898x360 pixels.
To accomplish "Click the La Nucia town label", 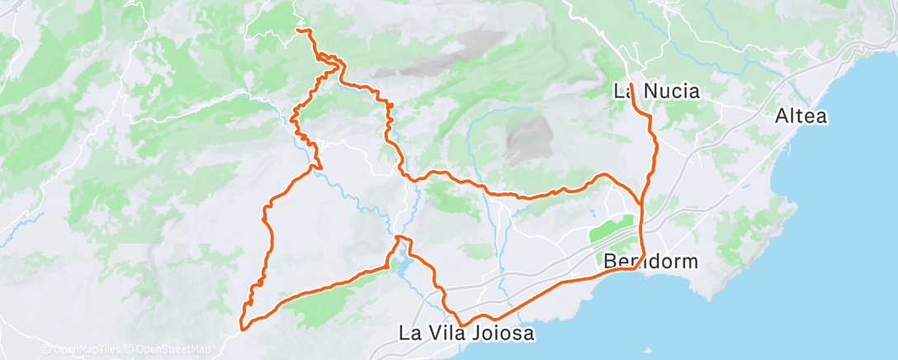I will click(x=657, y=91).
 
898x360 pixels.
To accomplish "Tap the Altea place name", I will click(x=801, y=116).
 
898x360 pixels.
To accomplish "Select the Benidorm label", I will click(x=651, y=262).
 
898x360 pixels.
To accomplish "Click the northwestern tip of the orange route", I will click(x=298, y=31).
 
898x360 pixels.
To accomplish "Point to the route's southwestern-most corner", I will click(x=242, y=329).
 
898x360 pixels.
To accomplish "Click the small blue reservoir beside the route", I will click(x=401, y=266).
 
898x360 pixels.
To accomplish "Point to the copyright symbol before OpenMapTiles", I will click(x=45, y=349).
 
